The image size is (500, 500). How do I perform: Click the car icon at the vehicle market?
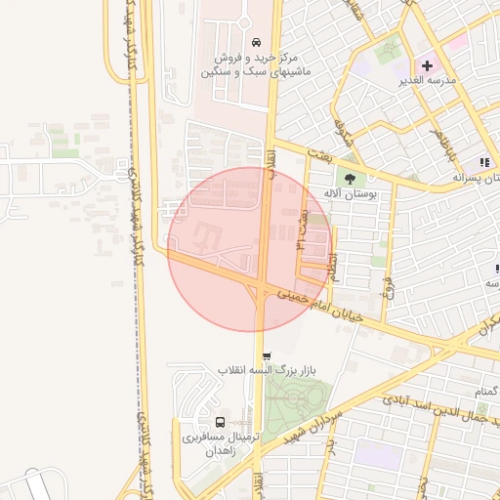[x=256, y=42]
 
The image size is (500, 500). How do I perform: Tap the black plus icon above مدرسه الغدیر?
[x=427, y=64]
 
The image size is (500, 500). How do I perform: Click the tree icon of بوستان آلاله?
[x=350, y=178]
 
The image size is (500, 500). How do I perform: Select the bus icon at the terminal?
[x=220, y=423]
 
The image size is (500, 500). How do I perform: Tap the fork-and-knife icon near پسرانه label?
[x=483, y=162]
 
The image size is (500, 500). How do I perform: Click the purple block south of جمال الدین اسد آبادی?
[x=378, y=455]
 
